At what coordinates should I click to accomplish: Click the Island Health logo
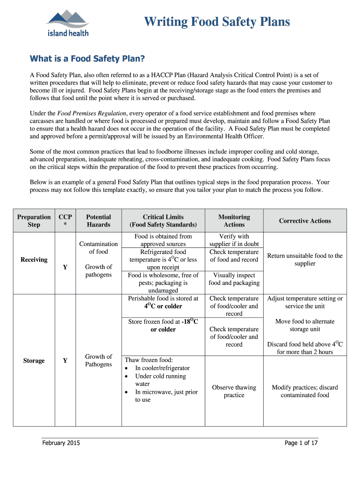point(67,23)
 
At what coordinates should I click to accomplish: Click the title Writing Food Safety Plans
point(217,22)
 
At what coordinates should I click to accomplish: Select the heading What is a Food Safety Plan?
point(87,59)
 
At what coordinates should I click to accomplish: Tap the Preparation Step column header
point(34,221)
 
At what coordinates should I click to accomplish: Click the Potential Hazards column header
point(99,221)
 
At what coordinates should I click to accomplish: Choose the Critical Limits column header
point(163,221)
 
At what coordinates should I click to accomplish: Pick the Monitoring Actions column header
point(234,221)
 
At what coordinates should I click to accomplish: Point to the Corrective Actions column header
point(305,221)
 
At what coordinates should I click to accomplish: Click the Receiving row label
point(34,260)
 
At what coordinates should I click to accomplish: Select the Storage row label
point(34,361)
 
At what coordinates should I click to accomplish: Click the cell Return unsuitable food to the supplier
point(305,260)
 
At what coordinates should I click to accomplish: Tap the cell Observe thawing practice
point(234,391)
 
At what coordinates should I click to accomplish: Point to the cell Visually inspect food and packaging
point(234,279)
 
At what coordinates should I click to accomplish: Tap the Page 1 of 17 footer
point(301,443)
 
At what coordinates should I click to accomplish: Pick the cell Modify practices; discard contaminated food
point(305,391)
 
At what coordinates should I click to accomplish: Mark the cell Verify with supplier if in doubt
point(234,240)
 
